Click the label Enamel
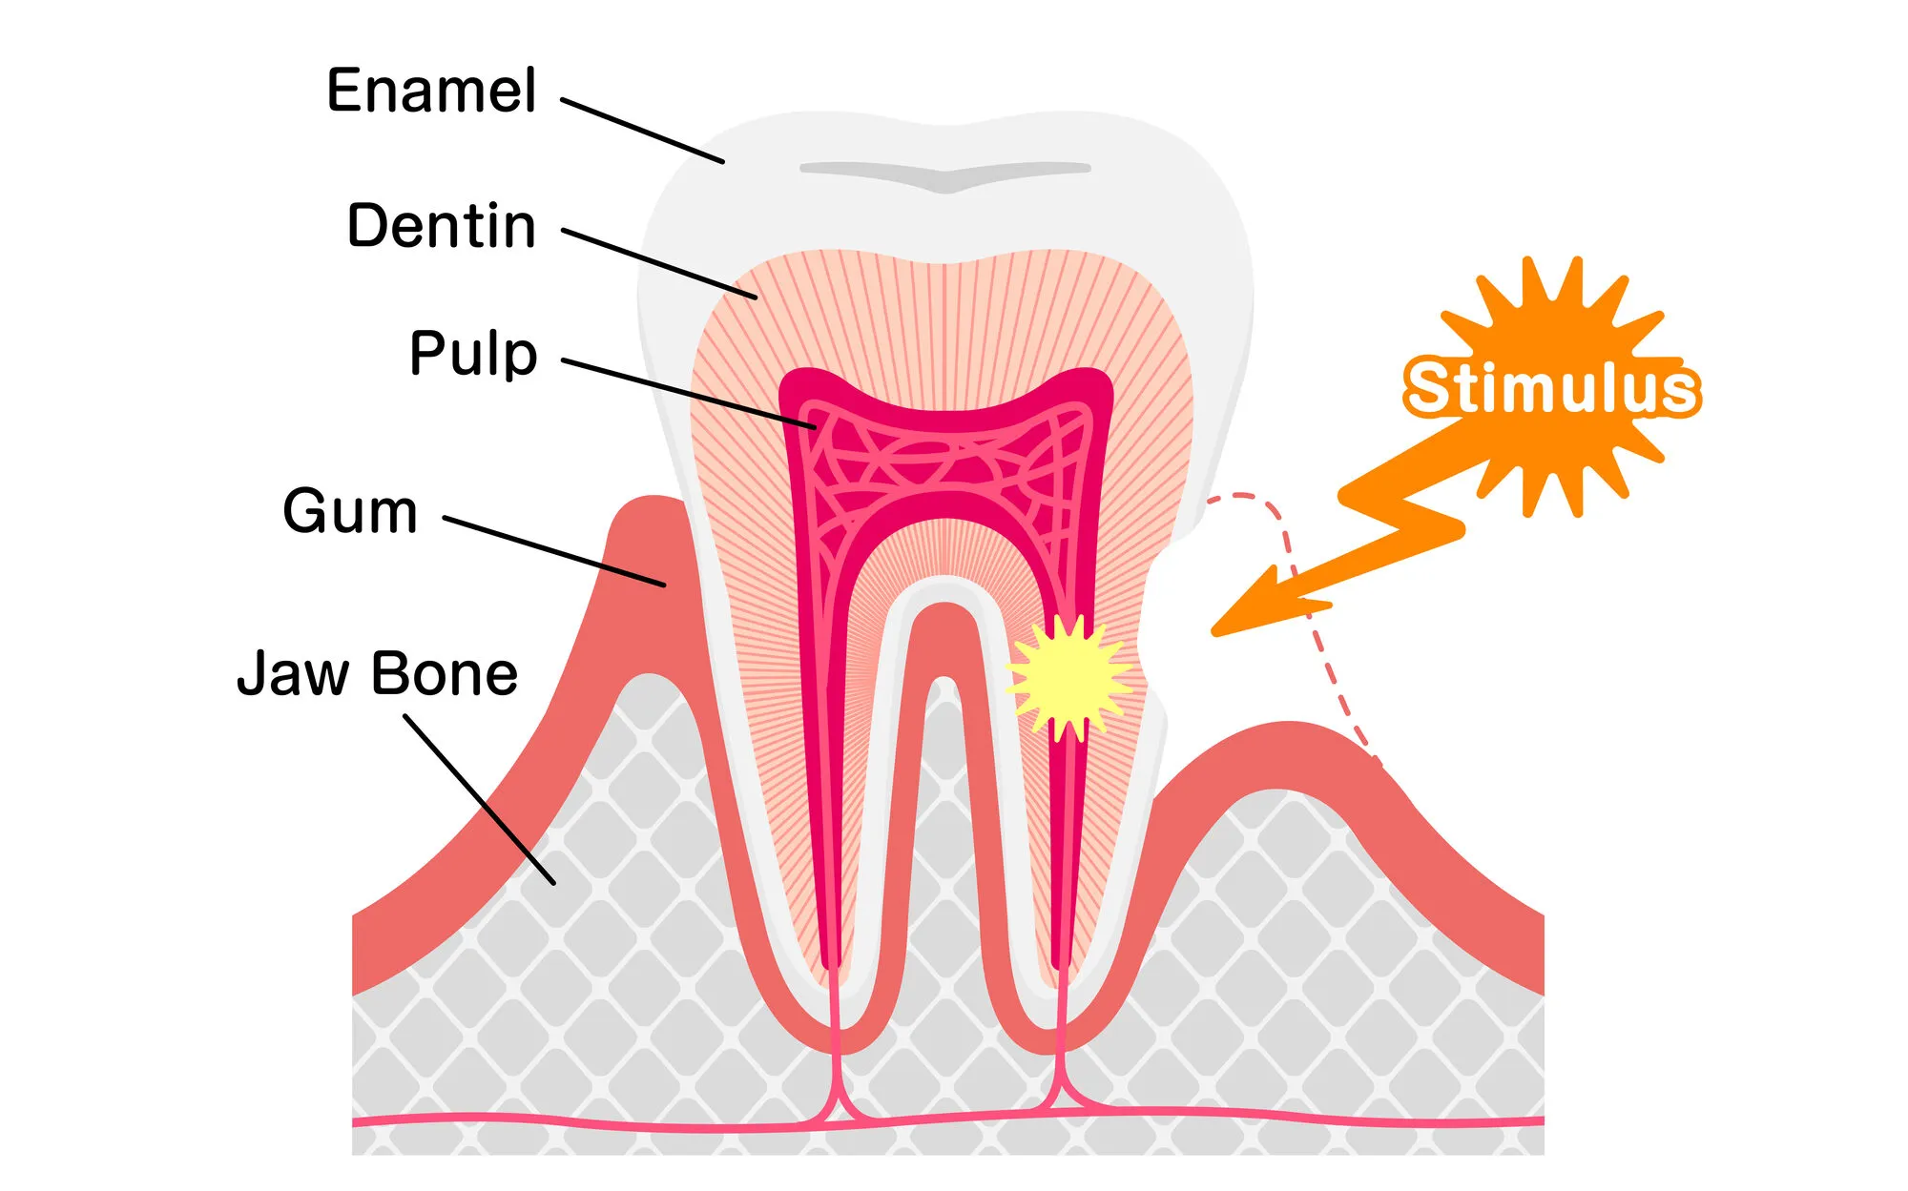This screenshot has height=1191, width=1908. point(431,92)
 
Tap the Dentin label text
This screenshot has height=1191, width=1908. point(441,227)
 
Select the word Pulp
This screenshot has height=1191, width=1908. point(473,354)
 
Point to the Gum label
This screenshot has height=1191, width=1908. point(350,512)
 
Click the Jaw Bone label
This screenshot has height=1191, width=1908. point(377,674)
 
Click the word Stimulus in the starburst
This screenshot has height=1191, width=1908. point(1551,388)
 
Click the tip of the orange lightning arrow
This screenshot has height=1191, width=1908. point(1217,630)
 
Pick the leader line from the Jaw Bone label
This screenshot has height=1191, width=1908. point(479,799)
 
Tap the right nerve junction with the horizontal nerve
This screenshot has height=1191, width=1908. point(1059,1106)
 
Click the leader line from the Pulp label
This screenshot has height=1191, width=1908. point(687,394)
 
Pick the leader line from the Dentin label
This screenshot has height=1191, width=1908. point(658,264)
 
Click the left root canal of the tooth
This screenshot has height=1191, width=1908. point(822,763)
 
